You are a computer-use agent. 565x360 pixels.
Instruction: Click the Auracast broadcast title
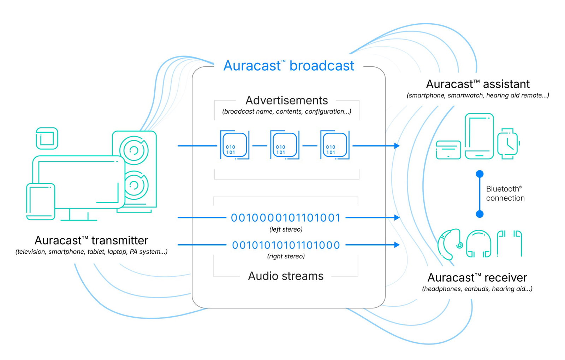(289, 66)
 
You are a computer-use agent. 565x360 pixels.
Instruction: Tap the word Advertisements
(286, 100)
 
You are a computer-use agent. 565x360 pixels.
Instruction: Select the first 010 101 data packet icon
(234, 145)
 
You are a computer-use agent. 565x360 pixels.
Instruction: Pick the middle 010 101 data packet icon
(285, 145)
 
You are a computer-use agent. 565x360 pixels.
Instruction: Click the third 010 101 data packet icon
(335, 145)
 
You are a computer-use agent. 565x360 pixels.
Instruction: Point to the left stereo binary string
(285, 218)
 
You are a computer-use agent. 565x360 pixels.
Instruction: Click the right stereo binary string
(286, 245)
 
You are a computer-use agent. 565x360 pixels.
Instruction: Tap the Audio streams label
(285, 276)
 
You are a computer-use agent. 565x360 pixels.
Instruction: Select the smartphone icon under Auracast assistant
(479, 136)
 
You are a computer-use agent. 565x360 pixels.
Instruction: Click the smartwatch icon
(507, 144)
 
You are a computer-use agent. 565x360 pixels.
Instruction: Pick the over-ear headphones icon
(478, 244)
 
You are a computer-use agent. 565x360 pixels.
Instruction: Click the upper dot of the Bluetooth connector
(480, 174)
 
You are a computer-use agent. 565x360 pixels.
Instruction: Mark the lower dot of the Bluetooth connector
(480, 214)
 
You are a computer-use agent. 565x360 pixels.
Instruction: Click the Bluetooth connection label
(505, 193)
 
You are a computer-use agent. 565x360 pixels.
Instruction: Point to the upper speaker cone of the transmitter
(134, 150)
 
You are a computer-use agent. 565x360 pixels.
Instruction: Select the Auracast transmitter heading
(91, 240)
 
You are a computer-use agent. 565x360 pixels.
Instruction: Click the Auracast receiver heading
(477, 277)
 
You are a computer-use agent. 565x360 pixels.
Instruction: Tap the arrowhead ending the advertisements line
(397, 146)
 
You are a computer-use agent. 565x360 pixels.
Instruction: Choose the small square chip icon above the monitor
(47, 138)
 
